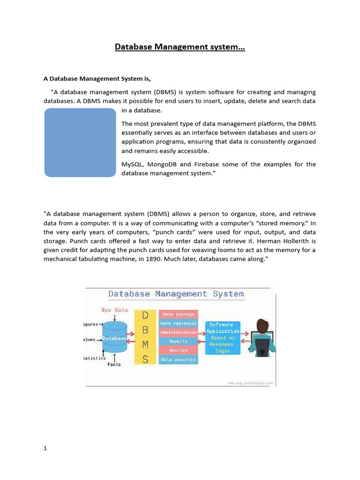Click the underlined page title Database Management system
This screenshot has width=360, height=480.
pos(180,47)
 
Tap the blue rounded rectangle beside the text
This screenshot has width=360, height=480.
pos(80,142)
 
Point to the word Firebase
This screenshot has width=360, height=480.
pos(208,165)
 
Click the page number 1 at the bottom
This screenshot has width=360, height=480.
pos(45,448)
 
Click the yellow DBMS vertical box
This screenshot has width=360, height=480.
pos(145,337)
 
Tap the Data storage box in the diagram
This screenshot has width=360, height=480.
pos(178,315)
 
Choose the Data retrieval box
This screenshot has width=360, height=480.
pos(178,323)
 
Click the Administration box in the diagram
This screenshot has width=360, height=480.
pos(178,332)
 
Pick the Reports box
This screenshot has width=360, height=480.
pos(178,341)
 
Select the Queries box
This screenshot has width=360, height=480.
pos(178,350)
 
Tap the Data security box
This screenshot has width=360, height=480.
pos(178,360)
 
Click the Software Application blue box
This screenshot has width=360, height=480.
pos(223,337)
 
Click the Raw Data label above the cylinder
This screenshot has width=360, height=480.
pos(114,310)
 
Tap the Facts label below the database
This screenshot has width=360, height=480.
pos(114,364)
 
